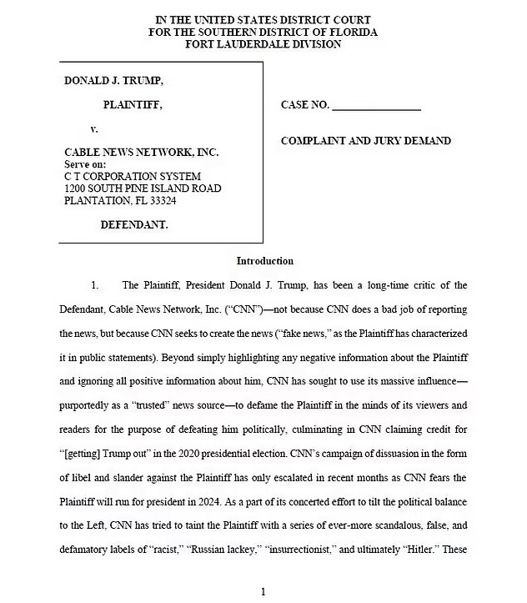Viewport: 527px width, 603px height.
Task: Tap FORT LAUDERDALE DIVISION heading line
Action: coord(263,44)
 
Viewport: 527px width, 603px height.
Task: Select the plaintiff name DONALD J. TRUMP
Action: coord(114,81)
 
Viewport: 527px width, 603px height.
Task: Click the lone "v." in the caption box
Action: coord(94,129)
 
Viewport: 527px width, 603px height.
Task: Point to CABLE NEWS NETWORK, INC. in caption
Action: coord(141,153)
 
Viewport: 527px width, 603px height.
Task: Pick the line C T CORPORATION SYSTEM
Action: coord(133,176)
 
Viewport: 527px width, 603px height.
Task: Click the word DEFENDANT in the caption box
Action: coord(134,224)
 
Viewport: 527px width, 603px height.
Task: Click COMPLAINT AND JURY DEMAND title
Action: coord(366,141)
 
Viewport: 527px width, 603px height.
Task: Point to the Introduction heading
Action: coord(264,261)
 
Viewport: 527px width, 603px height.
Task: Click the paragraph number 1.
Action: coord(95,285)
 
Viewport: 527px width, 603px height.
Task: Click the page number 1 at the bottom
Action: coord(263,592)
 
